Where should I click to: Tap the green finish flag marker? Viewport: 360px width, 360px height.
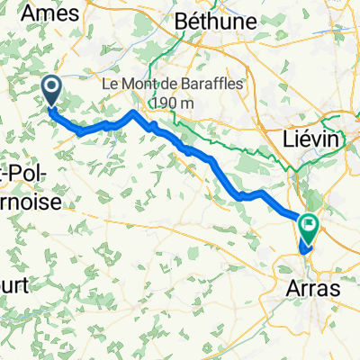pyautogui.click(x=310, y=226)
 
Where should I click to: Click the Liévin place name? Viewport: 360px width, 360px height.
pyautogui.click(x=301, y=139)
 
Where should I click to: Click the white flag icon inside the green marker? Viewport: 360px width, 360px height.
pyautogui.click(x=310, y=224)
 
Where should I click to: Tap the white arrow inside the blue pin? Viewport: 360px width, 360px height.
pyautogui.click(x=49, y=87)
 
